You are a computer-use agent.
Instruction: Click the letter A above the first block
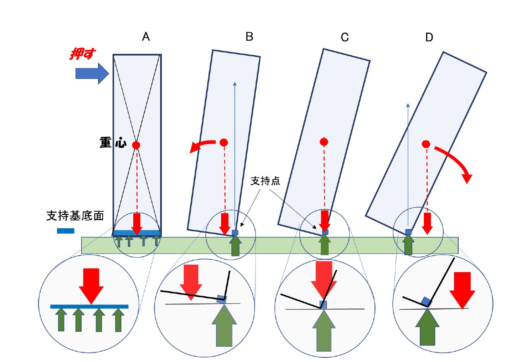pyautogui.click(x=146, y=37)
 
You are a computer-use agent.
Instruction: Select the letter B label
pyautogui.click(x=249, y=37)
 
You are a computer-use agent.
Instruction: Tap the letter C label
pyautogui.click(x=345, y=37)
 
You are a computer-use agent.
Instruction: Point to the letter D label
pyautogui.click(x=429, y=37)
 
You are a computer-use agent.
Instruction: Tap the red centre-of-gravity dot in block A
pyautogui.click(x=136, y=145)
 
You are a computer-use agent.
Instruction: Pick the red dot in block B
pyautogui.click(x=224, y=142)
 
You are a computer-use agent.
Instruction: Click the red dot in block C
pyautogui.click(x=324, y=142)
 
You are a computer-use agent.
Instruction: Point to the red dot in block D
pyautogui.click(x=425, y=144)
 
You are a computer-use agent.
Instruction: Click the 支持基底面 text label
pyautogui.click(x=75, y=216)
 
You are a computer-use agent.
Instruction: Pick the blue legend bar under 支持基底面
pyautogui.click(x=66, y=231)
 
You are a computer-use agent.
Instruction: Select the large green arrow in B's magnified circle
pyautogui.click(x=225, y=328)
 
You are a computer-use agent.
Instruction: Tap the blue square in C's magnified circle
pyautogui.click(x=324, y=305)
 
